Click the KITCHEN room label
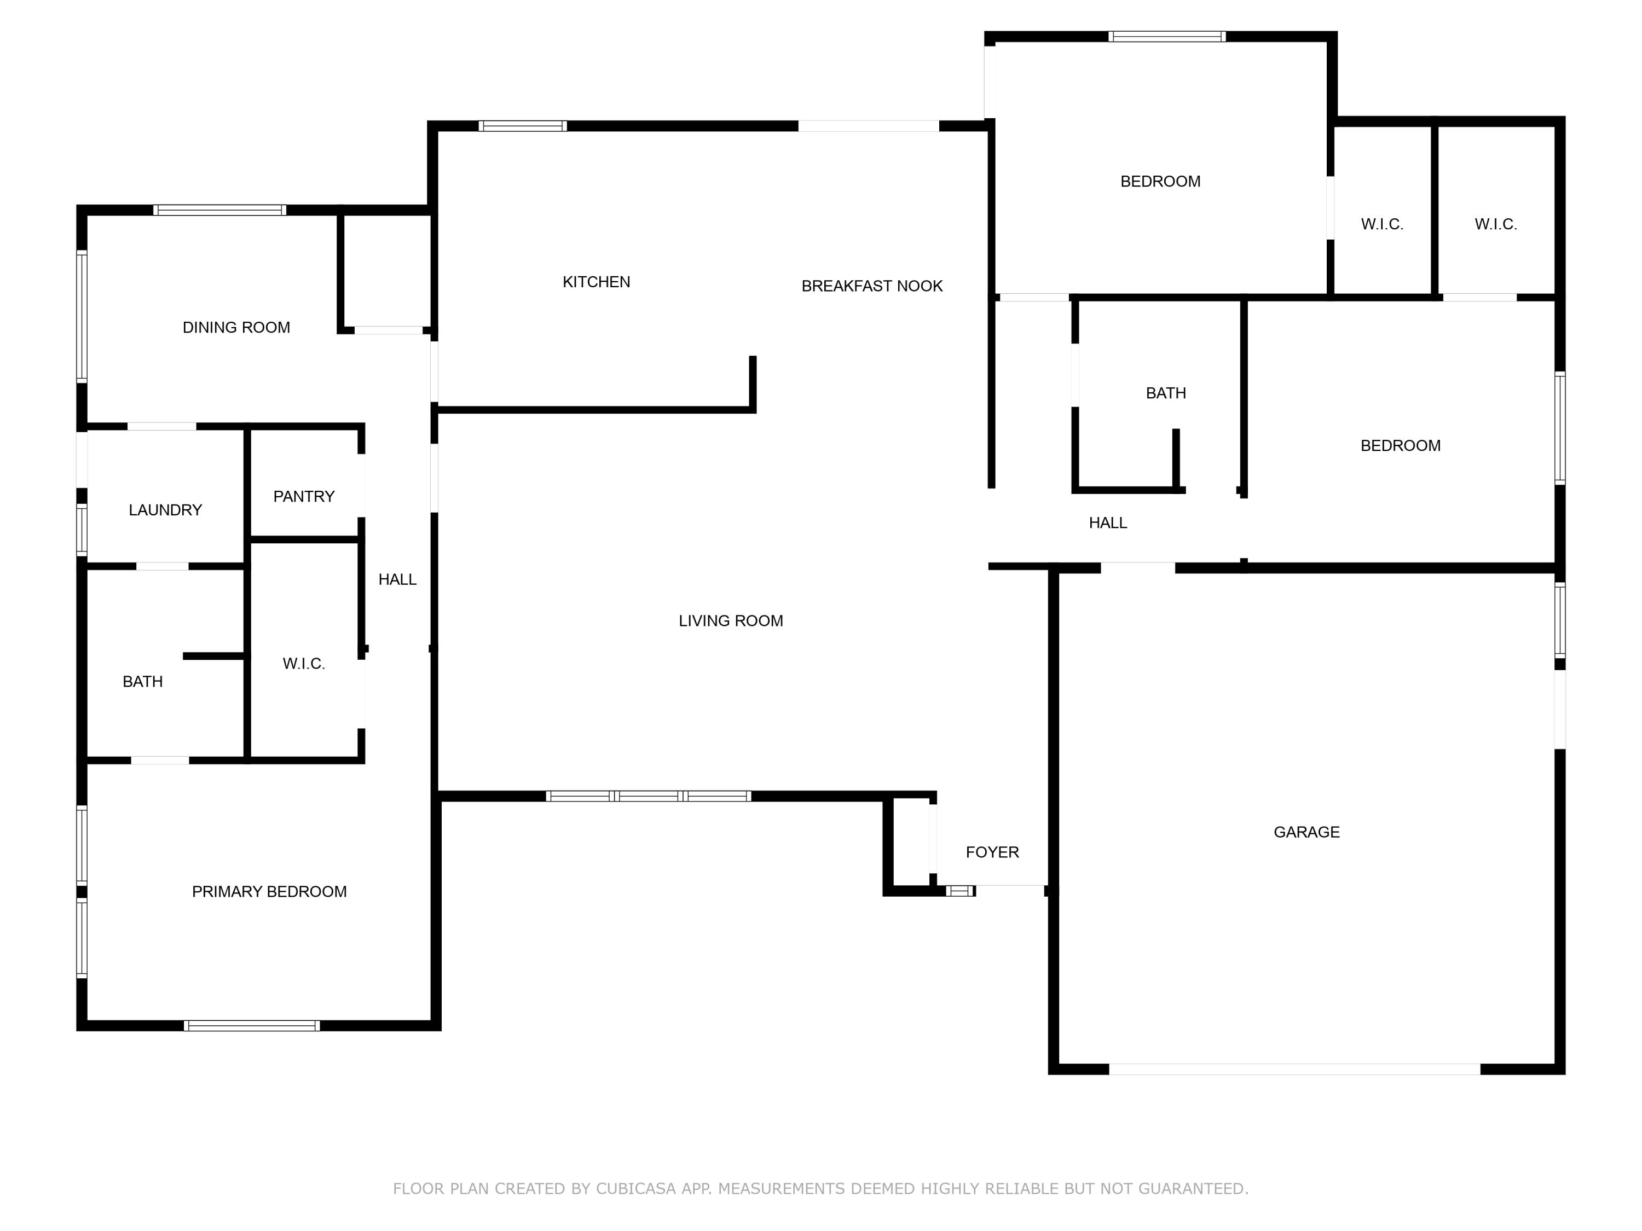(x=596, y=282)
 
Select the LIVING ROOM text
(x=731, y=620)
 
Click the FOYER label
(x=992, y=852)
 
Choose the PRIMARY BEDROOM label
(x=269, y=891)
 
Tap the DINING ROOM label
(x=236, y=327)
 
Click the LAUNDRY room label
(x=165, y=510)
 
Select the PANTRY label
(x=304, y=496)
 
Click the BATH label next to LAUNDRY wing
(x=142, y=681)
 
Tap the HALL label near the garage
(x=1108, y=522)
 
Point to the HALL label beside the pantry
(x=397, y=579)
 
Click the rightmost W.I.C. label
(x=1495, y=224)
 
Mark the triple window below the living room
(x=648, y=796)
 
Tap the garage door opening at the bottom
(x=1294, y=1069)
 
